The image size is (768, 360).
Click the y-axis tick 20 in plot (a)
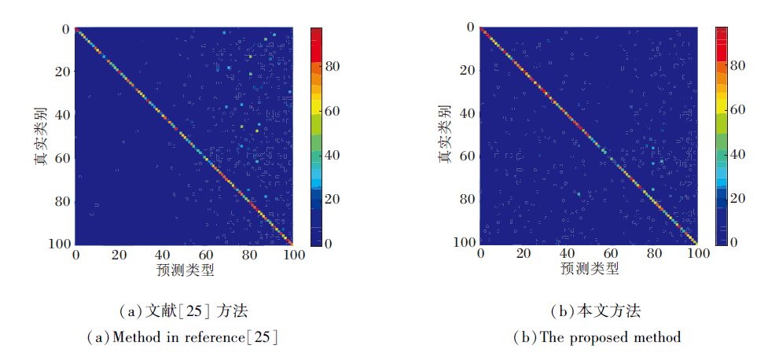point(64,72)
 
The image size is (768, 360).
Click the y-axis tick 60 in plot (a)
point(64,158)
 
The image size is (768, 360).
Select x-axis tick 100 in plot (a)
point(293,255)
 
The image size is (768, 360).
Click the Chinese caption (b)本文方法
point(598,311)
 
